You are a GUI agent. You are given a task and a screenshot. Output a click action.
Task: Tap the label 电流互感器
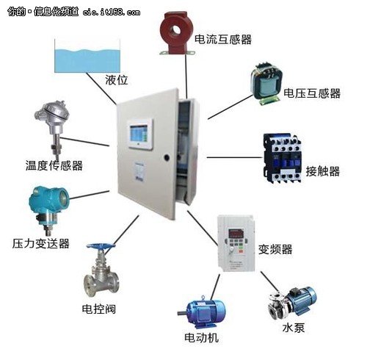223,40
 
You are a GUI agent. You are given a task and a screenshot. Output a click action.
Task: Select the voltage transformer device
266,84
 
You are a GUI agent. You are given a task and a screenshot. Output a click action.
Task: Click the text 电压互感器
312,93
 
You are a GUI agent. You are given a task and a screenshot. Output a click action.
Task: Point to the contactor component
282,158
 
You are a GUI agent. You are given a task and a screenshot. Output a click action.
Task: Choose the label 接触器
323,171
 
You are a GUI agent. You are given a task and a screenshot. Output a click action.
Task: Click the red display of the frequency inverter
236,233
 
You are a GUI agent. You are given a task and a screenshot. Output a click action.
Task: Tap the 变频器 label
275,249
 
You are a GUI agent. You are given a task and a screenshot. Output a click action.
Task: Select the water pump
291,303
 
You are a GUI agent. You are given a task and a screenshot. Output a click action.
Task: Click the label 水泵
294,328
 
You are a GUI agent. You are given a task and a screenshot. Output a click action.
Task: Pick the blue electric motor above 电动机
202,312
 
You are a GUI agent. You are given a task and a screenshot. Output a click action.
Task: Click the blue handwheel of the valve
101,246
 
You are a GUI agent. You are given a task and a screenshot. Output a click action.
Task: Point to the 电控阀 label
98,309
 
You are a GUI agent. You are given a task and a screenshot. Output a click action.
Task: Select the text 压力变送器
41,243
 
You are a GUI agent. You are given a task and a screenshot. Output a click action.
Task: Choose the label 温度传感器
54,165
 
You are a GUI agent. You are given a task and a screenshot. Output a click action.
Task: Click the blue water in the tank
87,61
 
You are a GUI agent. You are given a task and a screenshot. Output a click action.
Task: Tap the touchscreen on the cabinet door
139,134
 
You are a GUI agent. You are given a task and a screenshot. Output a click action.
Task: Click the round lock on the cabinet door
167,157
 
